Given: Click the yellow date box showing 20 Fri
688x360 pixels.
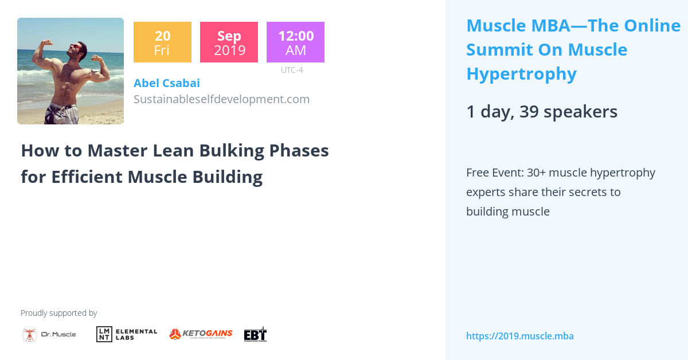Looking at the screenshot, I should tap(162, 42).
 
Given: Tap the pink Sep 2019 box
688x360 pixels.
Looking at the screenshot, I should tap(229, 42).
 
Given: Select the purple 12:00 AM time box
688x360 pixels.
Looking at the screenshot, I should tap(295, 42).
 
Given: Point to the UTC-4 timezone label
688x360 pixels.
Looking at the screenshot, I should tap(292, 70).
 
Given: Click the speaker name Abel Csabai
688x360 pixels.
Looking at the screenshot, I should tap(166, 83).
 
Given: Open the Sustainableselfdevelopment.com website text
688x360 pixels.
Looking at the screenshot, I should tap(221, 99).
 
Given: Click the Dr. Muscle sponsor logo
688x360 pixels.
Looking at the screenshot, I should tap(49, 334).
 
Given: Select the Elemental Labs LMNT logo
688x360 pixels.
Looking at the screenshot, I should tap(127, 334).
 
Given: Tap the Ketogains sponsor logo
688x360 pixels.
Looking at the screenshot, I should tap(201, 334).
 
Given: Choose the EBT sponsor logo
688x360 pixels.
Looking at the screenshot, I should tap(255, 334).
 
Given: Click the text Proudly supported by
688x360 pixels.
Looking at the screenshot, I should tap(58, 313).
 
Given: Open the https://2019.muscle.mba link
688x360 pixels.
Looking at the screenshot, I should tap(519, 336).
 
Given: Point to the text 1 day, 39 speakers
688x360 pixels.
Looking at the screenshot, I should tap(541, 112).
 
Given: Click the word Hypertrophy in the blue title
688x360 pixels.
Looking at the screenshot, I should tap(521, 74).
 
